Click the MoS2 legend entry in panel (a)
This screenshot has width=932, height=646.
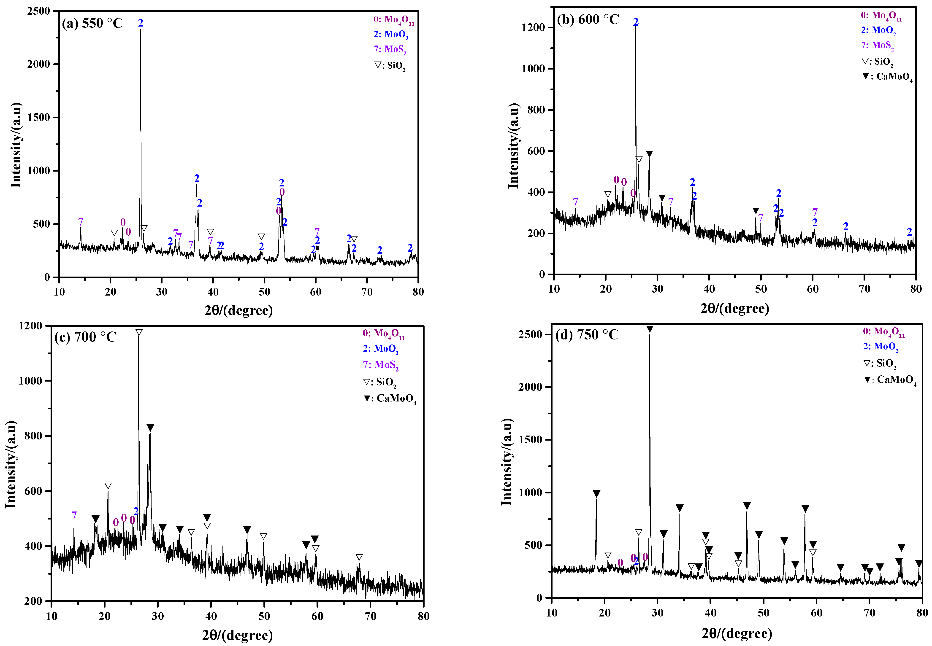point(390,49)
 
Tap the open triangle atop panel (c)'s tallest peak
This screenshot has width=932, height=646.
point(139,332)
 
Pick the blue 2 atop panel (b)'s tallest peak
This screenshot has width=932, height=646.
point(636,22)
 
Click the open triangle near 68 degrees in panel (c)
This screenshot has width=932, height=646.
point(359,557)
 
